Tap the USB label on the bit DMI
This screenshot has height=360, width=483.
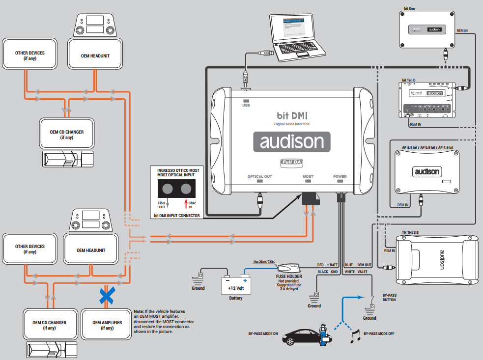pos(246,105)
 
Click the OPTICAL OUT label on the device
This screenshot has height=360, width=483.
pos(259,177)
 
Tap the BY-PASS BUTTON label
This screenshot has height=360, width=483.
pos(390,297)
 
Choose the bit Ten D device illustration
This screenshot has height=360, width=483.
pos(426,101)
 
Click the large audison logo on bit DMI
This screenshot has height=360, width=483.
pos(292,141)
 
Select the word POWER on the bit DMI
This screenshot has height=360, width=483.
pos(340,177)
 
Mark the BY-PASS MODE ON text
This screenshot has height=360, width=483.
pos(263,333)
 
